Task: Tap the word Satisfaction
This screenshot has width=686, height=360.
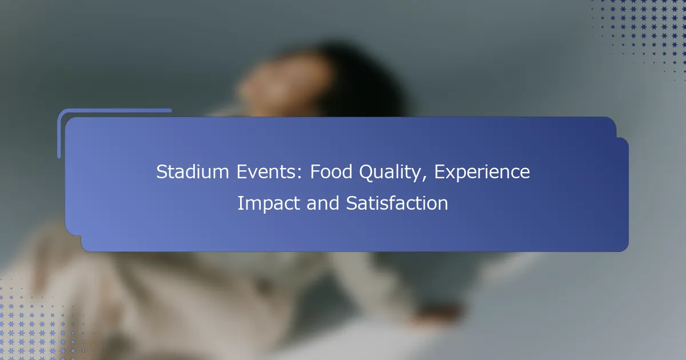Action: click(397, 203)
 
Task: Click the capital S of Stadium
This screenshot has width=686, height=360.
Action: click(161, 172)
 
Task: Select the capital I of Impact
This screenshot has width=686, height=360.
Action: click(240, 203)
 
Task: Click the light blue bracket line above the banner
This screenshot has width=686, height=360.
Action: click(114, 110)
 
